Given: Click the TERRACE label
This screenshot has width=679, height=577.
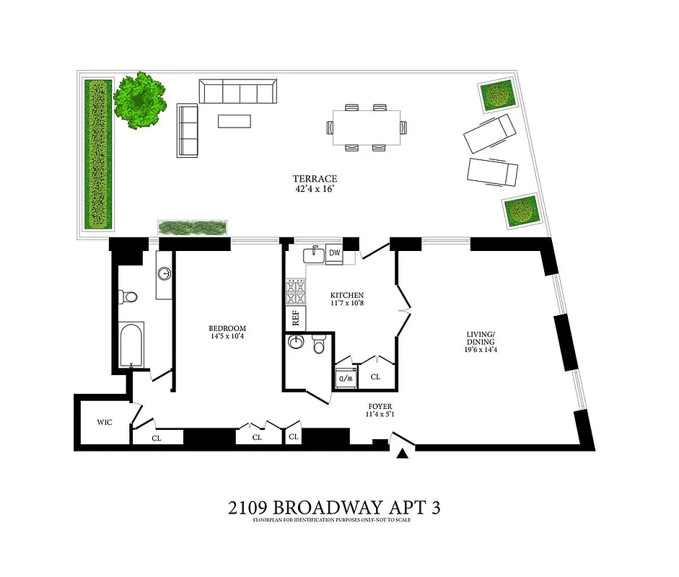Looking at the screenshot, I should pyautogui.click(x=315, y=179).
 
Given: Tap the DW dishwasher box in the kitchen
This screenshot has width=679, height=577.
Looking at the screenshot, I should pyautogui.click(x=334, y=253).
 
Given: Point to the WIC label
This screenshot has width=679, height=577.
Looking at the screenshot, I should pyautogui.click(x=97, y=423).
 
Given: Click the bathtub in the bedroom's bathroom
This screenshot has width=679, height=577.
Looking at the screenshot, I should pyautogui.click(x=131, y=345).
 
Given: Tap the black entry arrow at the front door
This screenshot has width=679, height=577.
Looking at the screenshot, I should pyautogui.click(x=403, y=452).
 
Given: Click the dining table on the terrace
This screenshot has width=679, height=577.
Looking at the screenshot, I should pyautogui.click(x=367, y=128).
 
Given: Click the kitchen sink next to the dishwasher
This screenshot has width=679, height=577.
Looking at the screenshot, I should pyautogui.click(x=314, y=253).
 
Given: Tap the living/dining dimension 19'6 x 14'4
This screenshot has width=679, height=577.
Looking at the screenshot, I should pyautogui.click(x=480, y=350).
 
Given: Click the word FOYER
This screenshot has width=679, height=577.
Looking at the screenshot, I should pyautogui.click(x=379, y=405).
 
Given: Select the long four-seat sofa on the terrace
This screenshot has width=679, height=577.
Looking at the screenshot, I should pyautogui.click(x=237, y=92).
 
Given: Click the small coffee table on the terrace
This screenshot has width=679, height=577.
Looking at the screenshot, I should pyautogui.click(x=234, y=120).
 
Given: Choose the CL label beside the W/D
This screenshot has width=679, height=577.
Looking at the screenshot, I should pyautogui.click(x=375, y=377).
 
